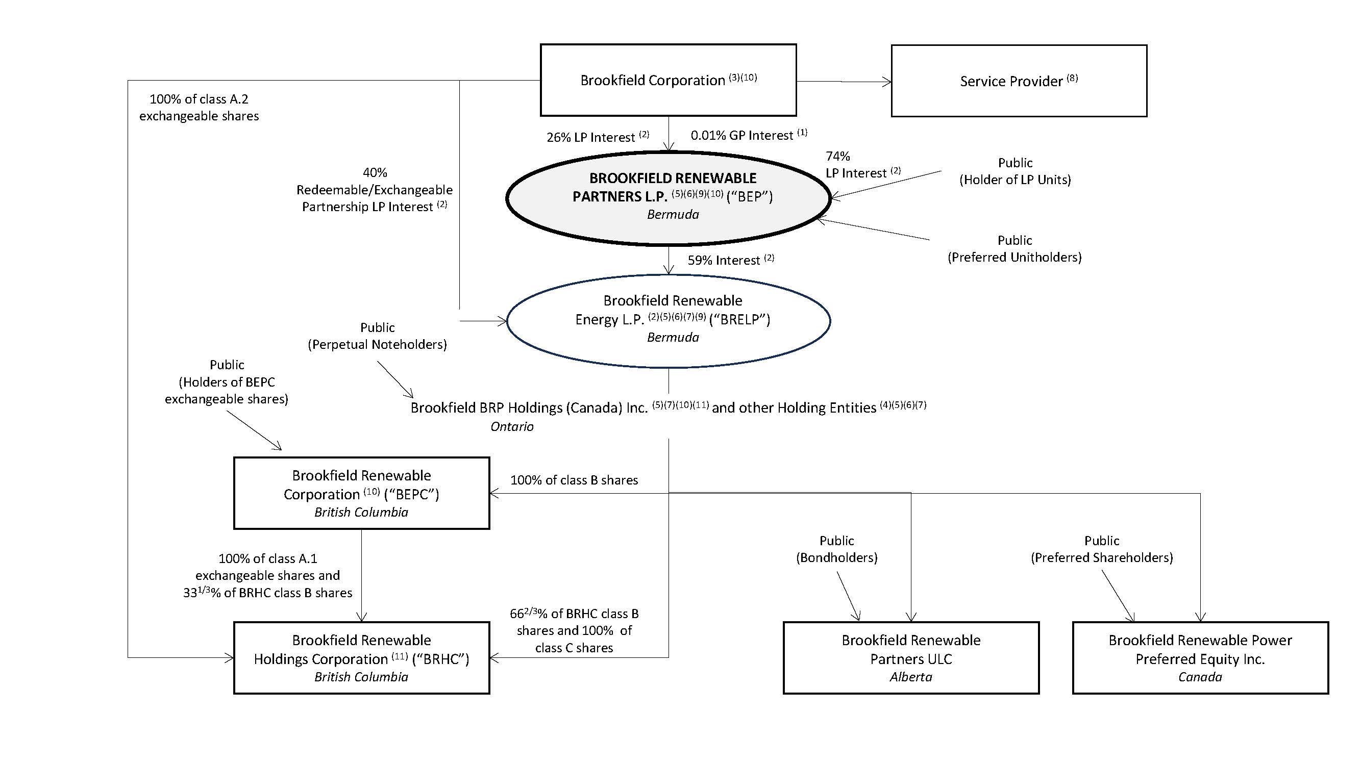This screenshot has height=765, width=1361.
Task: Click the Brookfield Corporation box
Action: tap(668, 80)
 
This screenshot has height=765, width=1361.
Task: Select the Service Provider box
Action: tap(1019, 81)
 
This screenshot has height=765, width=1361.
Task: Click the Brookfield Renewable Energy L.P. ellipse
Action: tap(668, 320)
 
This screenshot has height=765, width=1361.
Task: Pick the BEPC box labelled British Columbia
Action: tap(361, 493)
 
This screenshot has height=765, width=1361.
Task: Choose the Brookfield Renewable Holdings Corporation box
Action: tap(361, 657)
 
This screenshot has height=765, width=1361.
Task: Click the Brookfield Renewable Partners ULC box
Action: tap(911, 657)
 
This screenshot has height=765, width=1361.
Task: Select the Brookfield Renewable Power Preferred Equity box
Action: tap(1200, 657)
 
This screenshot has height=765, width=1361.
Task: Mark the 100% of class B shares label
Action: tap(574, 480)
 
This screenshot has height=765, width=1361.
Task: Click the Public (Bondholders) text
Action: tap(836, 549)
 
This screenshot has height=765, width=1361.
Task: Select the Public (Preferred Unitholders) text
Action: tap(1014, 249)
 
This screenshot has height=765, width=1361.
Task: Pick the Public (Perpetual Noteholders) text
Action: tap(377, 336)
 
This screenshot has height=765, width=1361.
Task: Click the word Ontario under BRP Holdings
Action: tap(511, 426)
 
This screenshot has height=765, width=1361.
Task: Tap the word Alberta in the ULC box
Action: tap(911, 677)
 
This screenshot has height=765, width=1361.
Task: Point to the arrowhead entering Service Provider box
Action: tap(887, 82)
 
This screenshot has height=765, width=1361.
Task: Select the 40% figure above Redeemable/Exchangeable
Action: tap(375, 173)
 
